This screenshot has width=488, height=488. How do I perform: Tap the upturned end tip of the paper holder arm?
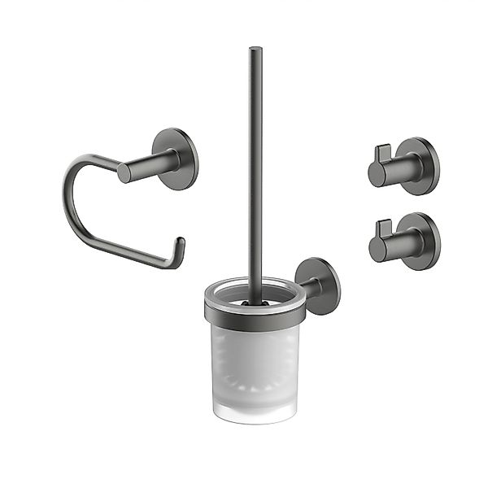pyautogui.click(x=181, y=242)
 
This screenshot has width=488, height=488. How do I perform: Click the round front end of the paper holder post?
pyautogui.click(x=124, y=172)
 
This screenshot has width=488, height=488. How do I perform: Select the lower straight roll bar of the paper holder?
pyautogui.click(x=130, y=256)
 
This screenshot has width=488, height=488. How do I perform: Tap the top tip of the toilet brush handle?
pyautogui.click(x=255, y=50)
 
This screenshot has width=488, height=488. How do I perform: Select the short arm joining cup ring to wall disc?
pyautogui.click(x=308, y=290)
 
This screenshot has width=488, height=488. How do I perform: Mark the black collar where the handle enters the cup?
pyautogui.click(x=255, y=303)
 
